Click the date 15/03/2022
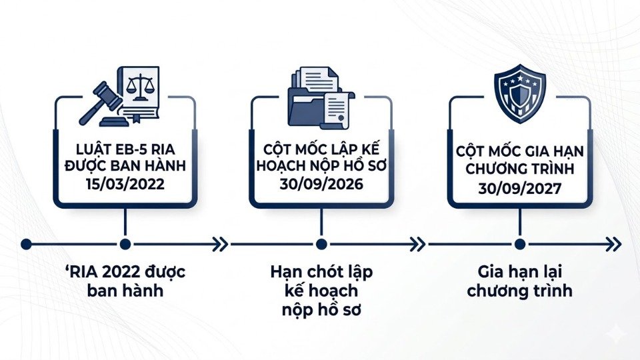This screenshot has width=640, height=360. pos(125,183)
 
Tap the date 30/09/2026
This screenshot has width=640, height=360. pos(321,183)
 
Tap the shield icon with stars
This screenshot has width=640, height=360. pos(519,97)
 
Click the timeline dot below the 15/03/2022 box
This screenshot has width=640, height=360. pos(125,244)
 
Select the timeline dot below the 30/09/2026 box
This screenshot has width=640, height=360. pos(321,244)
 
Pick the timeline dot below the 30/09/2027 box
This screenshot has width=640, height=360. pos(519,244)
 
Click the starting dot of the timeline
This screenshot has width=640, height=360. pos(26,244)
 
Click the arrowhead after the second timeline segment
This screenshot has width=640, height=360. pos(417,244)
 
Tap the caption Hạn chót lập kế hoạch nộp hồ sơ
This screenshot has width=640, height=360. pos(321,291)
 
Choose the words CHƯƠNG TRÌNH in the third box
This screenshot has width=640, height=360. pos(519,171)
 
